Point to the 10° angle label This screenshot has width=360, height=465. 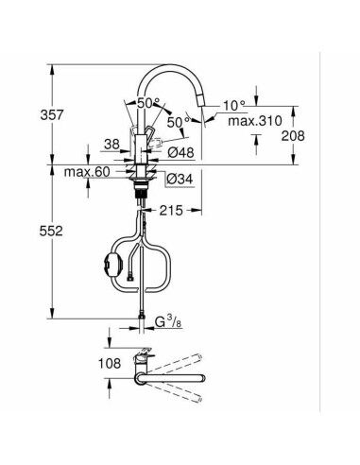click(x=233, y=105)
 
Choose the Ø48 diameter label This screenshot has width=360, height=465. click(x=181, y=152)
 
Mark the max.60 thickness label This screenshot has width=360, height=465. click(x=87, y=172)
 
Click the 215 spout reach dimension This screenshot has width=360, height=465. click(x=171, y=210)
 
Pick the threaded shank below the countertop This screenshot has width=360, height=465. click(x=142, y=196)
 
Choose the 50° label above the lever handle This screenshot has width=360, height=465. click(x=148, y=103)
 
